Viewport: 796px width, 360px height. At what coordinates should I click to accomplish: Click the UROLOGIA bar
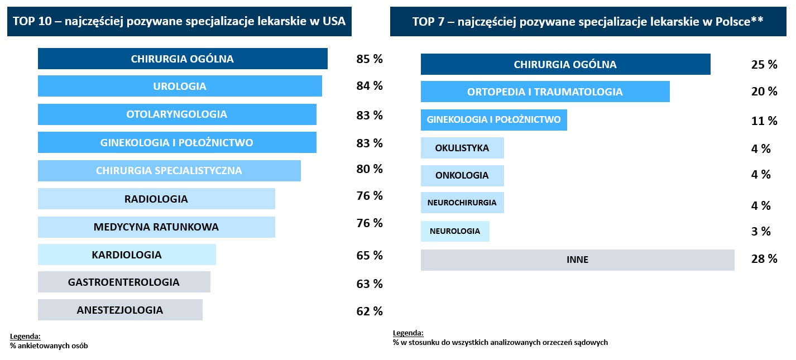tap(180, 86)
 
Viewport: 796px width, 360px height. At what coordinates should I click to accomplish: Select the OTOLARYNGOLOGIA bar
tap(177, 114)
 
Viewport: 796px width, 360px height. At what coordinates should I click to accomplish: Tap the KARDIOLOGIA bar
tap(127, 255)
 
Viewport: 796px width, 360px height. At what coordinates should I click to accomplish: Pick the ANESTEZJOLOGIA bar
tap(120, 310)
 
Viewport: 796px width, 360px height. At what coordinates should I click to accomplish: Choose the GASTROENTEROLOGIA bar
tap(124, 282)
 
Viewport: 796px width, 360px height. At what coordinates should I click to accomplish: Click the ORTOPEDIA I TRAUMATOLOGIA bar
tap(545, 92)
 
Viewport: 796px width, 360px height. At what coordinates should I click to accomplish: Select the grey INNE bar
tap(577, 260)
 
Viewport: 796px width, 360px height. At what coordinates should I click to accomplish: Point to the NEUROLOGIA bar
tap(455, 231)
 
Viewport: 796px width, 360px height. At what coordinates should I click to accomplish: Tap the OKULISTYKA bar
tap(462, 148)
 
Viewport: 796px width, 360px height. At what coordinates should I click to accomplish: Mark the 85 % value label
tap(370, 58)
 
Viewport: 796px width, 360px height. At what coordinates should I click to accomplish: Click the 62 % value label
tap(370, 311)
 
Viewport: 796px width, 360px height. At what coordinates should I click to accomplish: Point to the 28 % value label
tap(764, 258)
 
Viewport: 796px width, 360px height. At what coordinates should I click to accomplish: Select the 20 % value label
tap(764, 91)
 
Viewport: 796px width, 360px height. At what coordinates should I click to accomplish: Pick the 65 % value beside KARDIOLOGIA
tap(370, 256)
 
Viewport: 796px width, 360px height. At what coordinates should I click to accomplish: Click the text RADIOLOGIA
tap(156, 199)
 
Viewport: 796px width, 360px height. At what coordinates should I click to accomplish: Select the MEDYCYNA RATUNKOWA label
tap(156, 227)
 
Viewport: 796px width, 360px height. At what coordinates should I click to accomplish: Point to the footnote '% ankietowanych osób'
tap(49, 346)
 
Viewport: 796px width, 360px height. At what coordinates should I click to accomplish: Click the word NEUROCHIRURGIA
tap(462, 203)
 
